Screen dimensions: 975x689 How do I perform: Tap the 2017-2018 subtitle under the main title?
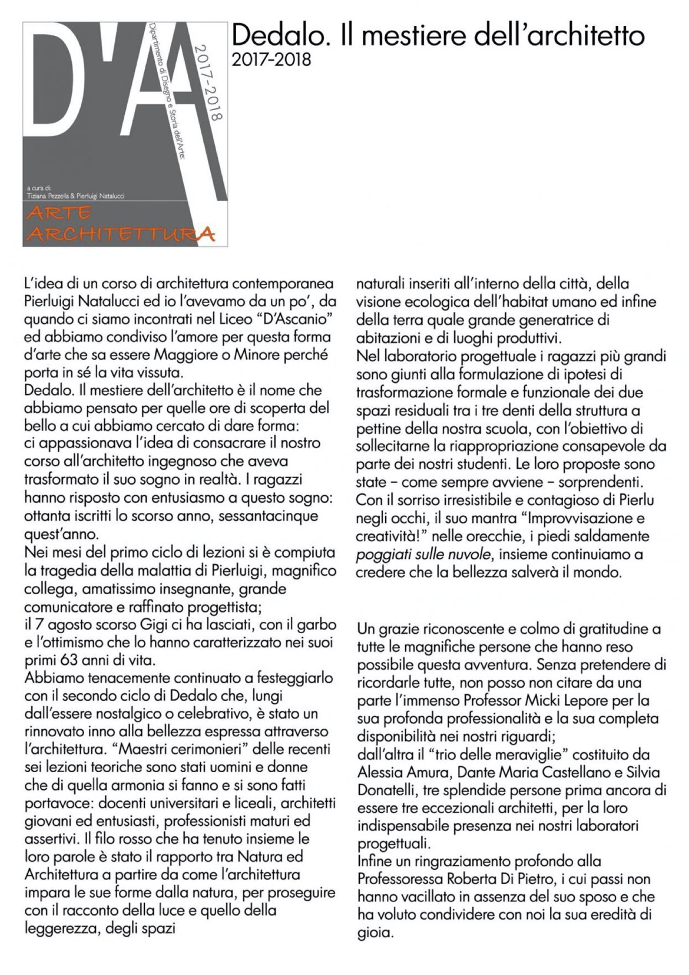tap(271, 60)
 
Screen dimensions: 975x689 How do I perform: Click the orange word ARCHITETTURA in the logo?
tap(121, 234)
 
